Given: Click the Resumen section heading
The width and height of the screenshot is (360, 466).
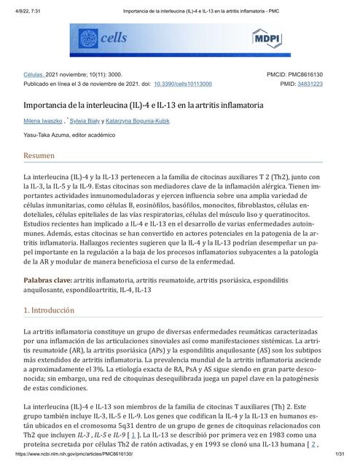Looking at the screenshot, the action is [39, 156].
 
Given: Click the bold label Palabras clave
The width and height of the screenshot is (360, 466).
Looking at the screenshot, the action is [47, 280].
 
